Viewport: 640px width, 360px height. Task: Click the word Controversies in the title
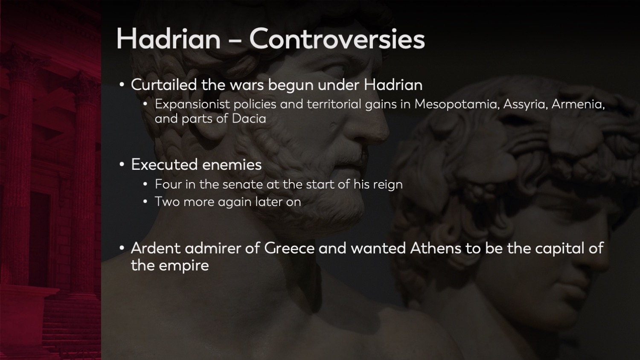[337, 39]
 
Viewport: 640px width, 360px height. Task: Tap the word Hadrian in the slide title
[168, 39]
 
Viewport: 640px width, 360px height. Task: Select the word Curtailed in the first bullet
[163, 85]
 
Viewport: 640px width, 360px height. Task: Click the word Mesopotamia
[456, 104]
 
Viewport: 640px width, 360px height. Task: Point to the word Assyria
[525, 104]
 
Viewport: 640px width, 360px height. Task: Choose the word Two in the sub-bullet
[167, 202]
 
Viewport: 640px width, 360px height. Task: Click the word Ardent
[156, 248]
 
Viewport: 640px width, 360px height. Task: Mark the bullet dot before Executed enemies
[122, 165]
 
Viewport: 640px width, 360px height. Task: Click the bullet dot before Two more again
[145, 202]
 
